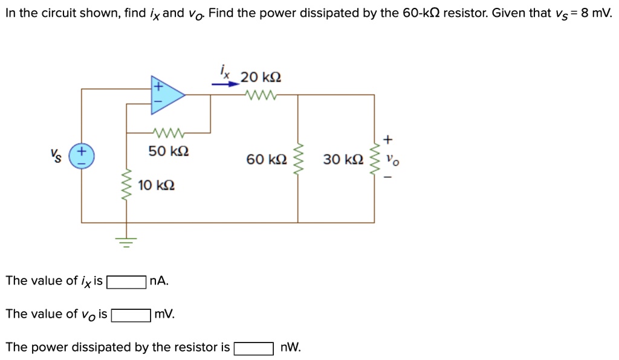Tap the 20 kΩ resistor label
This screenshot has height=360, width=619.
[261, 77]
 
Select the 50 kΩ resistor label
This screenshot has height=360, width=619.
[169, 151]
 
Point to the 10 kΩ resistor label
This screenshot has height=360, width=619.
[157, 185]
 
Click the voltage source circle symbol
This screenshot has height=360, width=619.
[82, 155]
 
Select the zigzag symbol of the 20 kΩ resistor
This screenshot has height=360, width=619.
[261, 95]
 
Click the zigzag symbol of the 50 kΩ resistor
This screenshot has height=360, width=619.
[169, 132]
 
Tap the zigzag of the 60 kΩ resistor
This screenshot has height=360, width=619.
[297, 159]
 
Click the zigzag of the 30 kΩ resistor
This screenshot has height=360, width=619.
[374, 159]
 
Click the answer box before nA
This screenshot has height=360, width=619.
[126, 281]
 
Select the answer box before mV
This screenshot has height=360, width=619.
[131, 315]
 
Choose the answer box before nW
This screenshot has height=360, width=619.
[254, 349]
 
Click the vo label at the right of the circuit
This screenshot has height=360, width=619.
[393, 161]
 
